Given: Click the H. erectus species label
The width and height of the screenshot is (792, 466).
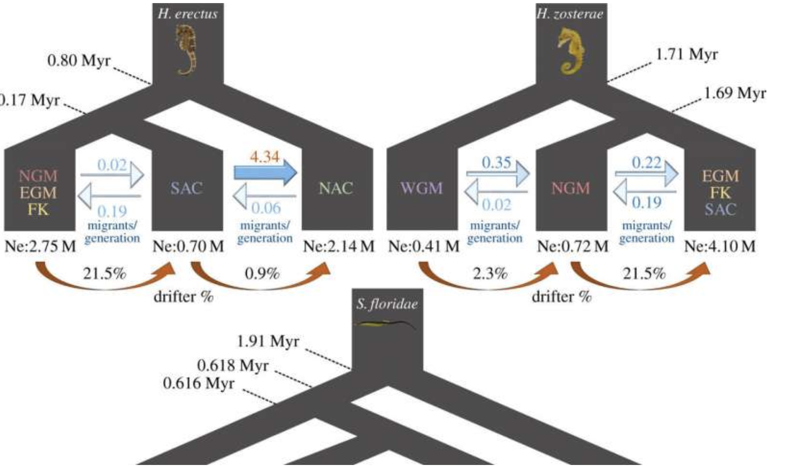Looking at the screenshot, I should point(187,13).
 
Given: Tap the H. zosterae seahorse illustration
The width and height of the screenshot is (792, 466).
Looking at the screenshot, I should point(571,51).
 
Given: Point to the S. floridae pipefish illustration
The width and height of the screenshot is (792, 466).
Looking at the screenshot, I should point(386,324).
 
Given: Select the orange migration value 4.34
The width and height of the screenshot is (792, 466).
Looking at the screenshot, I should point(265,156).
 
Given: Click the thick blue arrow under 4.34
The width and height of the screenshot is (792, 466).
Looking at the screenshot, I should point(265,172).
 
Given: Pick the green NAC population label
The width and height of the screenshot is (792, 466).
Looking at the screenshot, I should point(336,188).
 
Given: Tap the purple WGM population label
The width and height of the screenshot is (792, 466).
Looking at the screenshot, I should point(422,188).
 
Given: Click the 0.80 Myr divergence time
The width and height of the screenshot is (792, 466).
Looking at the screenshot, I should point(79,60).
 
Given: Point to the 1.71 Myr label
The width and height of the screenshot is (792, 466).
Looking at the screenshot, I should point(687,54).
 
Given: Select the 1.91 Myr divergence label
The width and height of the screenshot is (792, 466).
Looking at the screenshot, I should point(268,341).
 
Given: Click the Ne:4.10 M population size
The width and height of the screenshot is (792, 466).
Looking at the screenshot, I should point(720,246).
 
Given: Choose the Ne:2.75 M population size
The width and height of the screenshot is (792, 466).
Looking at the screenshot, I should point(40,246).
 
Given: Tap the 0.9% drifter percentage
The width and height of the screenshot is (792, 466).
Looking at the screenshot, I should point(262,274).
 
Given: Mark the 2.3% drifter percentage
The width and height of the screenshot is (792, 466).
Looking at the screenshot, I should point(490,274).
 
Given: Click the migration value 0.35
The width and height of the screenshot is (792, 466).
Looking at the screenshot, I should point(497,162).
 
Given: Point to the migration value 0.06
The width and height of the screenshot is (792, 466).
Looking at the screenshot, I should point(266,207).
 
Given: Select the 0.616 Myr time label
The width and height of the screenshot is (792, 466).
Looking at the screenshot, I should point(199,383).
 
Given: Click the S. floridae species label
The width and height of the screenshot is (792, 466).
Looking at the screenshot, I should point(387,304).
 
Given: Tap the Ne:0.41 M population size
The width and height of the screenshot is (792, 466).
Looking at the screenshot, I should point(424,246).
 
